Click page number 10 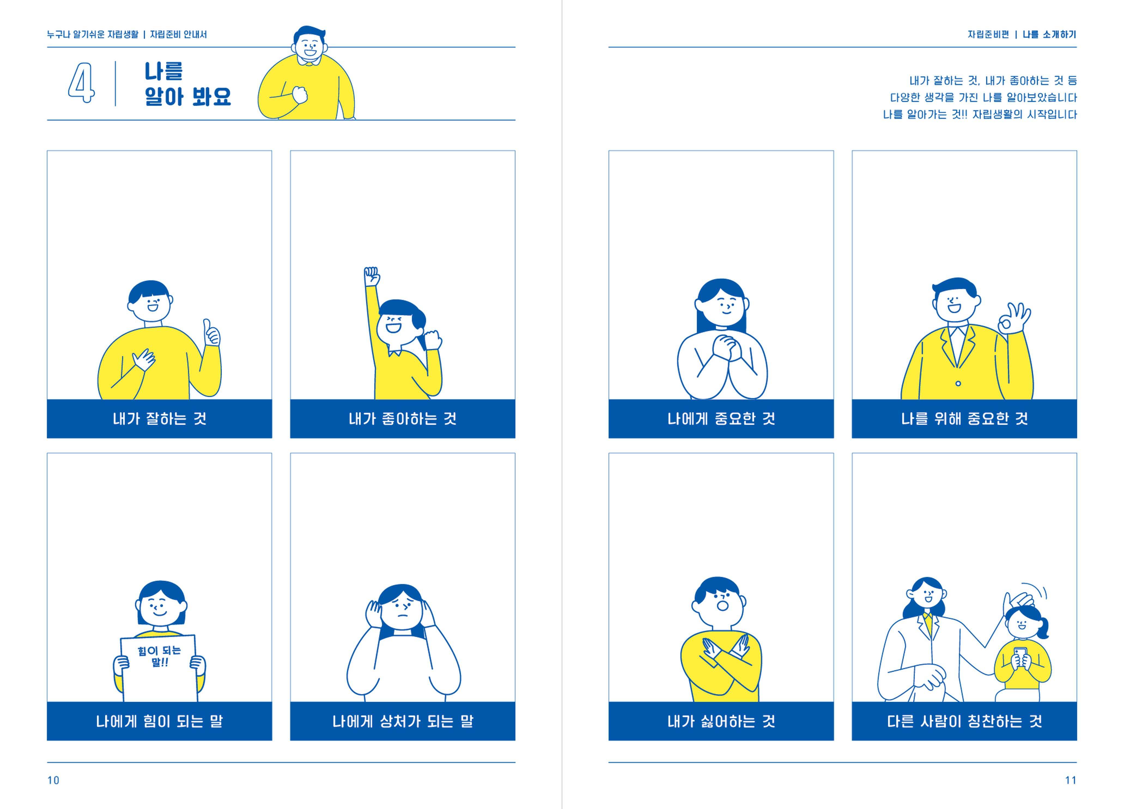pyautogui.click(x=53, y=780)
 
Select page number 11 pyautogui.click(x=1071, y=780)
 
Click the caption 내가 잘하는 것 pyautogui.click(x=160, y=419)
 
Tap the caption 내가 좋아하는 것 pyautogui.click(x=402, y=419)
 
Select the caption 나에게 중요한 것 pyautogui.click(x=721, y=419)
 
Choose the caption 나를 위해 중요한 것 pyautogui.click(x=964, y=419)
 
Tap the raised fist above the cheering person pyautogui.click(x=372, y=276)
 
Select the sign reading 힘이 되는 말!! pyautogui.click(x=159, y=668)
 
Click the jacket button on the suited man pyautogui.click(x=958, y=383)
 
